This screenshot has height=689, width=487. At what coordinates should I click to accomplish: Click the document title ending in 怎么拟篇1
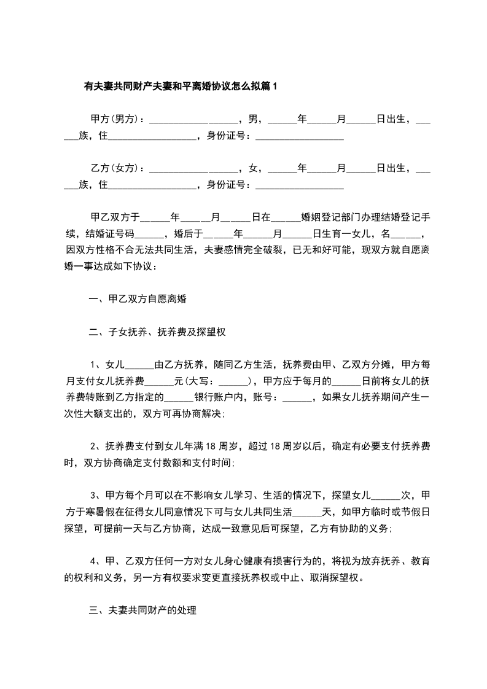(181, 87)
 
